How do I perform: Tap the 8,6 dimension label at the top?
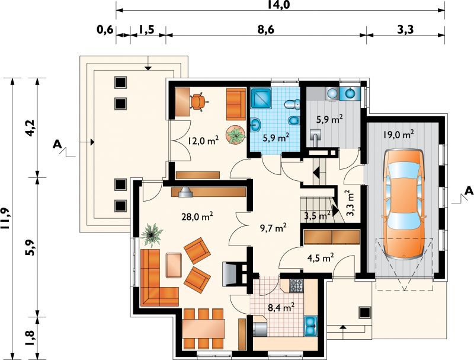coord(266,30)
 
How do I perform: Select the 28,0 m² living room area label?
coord(197,216)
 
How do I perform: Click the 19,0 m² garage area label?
coord(399,134)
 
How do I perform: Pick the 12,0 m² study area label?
coord(203,141)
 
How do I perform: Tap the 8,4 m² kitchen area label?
coord(281,308)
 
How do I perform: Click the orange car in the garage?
coord(403,204)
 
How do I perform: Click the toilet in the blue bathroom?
coord(292,104)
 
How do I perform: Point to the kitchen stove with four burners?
coord(296,285)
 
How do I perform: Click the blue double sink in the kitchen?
coord(310,326)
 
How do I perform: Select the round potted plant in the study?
coord(236,135)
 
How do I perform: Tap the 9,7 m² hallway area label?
coord(273,228)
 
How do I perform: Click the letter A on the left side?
coord(56,144)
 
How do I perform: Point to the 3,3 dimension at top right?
coord(405,30)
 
